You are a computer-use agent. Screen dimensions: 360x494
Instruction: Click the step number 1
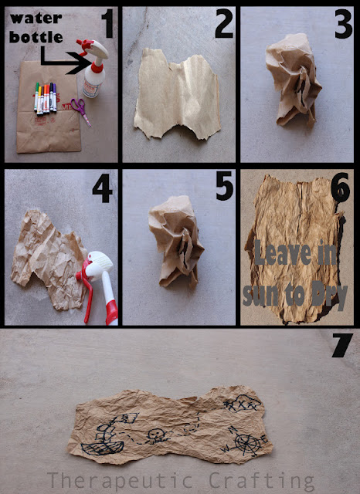[107, 24]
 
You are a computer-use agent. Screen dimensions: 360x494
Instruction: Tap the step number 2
[224, 24]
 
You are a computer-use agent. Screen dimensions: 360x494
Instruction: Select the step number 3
[343, 24]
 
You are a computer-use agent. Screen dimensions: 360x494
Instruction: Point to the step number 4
[103, 188]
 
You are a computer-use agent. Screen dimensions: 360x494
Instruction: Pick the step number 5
[225, 186]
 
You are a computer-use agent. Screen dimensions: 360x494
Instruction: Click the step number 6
[341, 188]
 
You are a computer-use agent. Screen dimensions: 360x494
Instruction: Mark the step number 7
[342, 345]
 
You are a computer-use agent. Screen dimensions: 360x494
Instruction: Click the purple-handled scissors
[81, 110]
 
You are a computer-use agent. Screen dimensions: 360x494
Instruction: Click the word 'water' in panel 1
[36, 19]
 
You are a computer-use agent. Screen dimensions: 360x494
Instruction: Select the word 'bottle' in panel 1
[36, 37]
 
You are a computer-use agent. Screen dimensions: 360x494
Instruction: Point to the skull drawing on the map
[155, 435]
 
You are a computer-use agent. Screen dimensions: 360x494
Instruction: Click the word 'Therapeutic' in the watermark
[120, 481]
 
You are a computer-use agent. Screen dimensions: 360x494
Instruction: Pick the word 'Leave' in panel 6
[283, 252]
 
